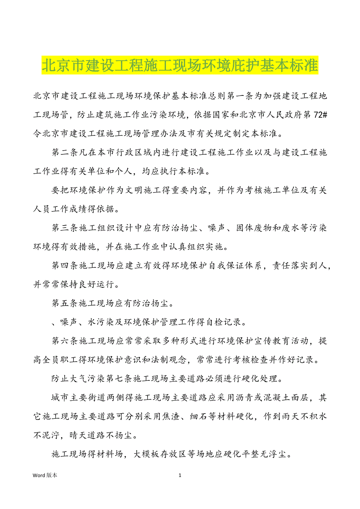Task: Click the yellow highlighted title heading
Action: click(180, 65)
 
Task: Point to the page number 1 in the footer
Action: click(180, 475)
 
